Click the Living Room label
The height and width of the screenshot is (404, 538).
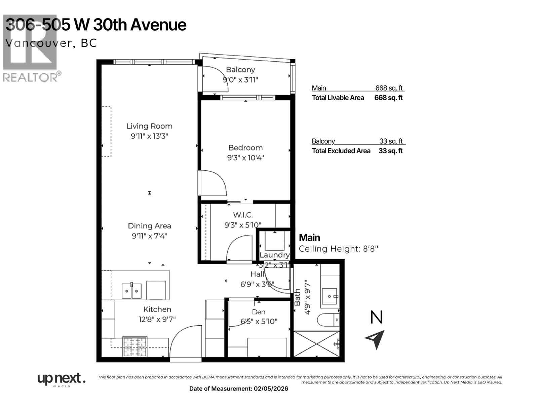(149, 126)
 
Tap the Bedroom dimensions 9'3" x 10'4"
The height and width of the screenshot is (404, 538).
(245, 158)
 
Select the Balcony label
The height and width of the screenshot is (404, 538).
(240, 70)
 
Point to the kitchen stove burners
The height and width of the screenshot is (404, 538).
(134, 347)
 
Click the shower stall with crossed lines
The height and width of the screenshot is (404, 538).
(316, 344)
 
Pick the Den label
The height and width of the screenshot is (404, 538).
(259, 312)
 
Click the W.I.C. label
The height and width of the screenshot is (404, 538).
(243, 215)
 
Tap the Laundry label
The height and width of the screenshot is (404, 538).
(274, 255)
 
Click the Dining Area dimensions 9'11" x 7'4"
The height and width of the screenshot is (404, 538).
(149, 236)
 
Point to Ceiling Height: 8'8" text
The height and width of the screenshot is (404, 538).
(339, 249)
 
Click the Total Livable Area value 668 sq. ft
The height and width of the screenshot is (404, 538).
(388, 98)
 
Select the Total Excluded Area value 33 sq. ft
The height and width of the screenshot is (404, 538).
(390, 151)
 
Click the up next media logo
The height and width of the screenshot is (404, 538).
(61, 379)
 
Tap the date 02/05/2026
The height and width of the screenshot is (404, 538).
(271, 389)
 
